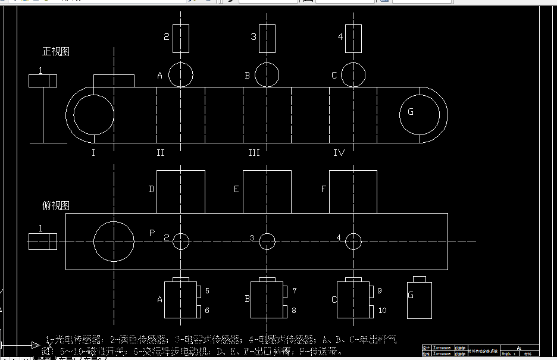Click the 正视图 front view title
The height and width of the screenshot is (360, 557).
click(x=56, y=52)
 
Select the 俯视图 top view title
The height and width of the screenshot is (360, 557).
click(x=56, y=206)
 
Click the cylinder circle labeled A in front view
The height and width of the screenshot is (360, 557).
click(x=181, y=75)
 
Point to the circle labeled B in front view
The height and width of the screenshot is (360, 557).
click(x=267, y=75)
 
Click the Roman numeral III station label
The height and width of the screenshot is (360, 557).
click(x=254, y=154)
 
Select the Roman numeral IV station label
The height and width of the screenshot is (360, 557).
click(x=339, y=154)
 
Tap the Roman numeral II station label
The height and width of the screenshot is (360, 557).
click(x=161, y=154)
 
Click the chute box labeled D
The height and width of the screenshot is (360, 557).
click(x=180, y=192)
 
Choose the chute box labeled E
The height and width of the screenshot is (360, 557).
click(x=267, y=192)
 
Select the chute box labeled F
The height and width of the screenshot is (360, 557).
click(x=352, y=192)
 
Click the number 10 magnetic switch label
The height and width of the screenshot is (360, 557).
click(x=382, y=311)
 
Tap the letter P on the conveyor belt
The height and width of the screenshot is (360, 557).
click(x=152, y=233)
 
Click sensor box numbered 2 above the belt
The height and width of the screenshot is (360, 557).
click(x=181, y=37)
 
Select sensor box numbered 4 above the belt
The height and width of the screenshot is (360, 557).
click(x=353, y=37)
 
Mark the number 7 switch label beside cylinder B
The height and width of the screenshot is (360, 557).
click(x=294, y=291)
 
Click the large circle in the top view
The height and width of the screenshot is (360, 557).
click(x=114, y=242)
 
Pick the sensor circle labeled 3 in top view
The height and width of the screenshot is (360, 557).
click(x=267, y=242)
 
